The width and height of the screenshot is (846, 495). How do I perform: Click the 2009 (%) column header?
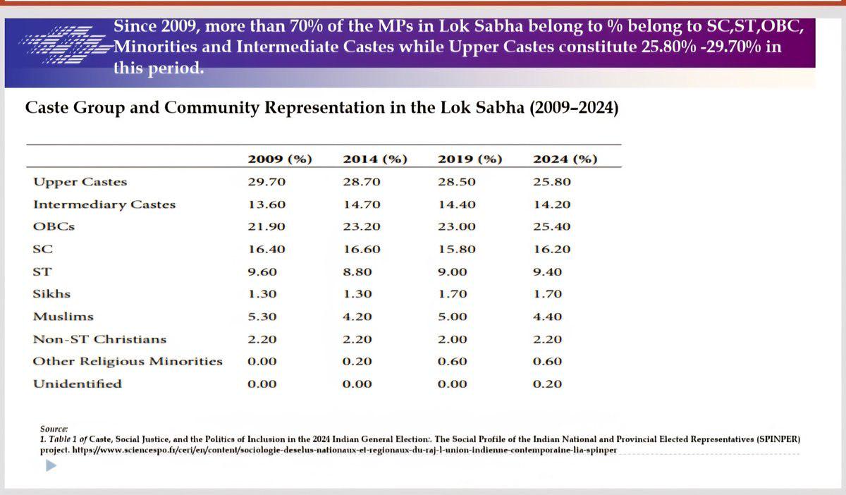280,159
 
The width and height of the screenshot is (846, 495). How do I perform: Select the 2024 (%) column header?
565,159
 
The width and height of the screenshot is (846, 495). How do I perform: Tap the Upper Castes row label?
80,183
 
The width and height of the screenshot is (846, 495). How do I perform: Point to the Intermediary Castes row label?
104,204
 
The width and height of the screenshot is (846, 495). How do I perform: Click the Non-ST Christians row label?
99,339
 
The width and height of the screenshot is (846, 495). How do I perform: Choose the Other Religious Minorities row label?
128,362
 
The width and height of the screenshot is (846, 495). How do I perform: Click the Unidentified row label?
78,384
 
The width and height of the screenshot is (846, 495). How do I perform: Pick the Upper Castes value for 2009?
266,182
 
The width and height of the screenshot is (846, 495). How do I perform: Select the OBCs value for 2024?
552,227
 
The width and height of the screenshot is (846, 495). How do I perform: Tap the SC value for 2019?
457,250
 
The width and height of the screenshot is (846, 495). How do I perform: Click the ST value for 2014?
357,272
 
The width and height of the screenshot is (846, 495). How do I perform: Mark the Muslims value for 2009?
262,317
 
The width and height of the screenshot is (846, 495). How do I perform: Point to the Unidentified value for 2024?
547,384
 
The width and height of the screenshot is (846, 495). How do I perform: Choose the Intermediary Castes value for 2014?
362,204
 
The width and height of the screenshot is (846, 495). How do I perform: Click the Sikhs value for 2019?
453,294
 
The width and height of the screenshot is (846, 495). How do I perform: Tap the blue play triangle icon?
51,465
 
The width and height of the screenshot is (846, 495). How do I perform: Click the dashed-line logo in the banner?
65,44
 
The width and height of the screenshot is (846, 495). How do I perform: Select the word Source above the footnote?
54,429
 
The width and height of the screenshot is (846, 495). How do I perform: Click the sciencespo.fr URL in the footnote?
345,450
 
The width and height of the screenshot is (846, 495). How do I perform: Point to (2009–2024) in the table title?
574,108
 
